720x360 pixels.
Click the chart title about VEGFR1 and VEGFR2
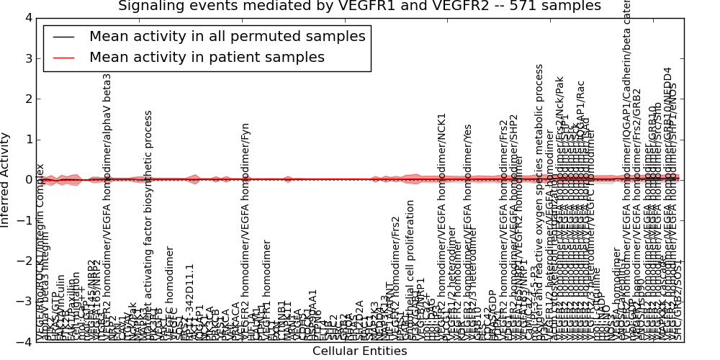(x=359, y=6)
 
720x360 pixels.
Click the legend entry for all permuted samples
(x=227, y=36)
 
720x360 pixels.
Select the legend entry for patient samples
(x=207, y=57)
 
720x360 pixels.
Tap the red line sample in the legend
(x=63, y=57)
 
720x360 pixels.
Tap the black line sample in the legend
(x=63, y=36)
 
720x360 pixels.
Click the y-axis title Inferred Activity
(x=6, y=180)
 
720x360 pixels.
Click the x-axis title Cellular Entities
(x=359, y=351)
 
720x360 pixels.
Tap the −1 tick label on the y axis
(x=24, y=220)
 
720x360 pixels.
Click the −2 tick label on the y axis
(x=24, y=261)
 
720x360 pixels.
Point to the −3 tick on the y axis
(x=24, y=302)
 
